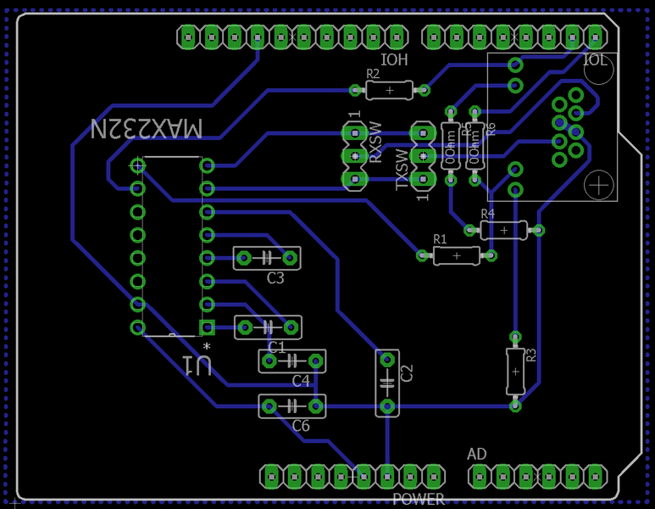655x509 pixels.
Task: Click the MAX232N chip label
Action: point(147,129)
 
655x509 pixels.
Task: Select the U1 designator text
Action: point(197,365)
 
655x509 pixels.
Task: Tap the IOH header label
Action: point(395,60)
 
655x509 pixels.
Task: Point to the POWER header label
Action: point(419,499)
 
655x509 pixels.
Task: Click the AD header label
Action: point(477,455)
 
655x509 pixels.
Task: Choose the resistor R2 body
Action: point(389,89)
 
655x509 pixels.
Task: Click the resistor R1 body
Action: point(456,255)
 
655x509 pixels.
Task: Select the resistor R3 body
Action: point(515,371)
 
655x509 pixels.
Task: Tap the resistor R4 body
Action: point(503,229)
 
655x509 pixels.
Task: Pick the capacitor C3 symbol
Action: point(268,257)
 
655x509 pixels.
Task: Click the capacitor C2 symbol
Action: point(387,383)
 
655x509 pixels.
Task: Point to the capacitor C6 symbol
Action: point(292,406)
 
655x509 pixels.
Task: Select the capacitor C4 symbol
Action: point(292,362)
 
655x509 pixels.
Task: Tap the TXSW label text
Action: point(403,170)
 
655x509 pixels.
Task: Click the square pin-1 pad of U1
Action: point(206,327)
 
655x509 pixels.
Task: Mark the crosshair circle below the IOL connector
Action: point(599,183)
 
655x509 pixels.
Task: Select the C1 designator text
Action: point(276,346)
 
